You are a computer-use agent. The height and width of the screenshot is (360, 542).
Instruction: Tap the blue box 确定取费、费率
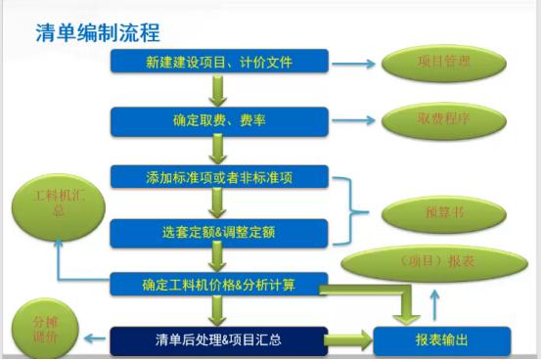click(x=218, y=120)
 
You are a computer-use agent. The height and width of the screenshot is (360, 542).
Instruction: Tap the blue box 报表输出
click(x=442, y=340)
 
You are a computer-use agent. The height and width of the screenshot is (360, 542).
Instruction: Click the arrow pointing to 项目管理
click(x=351, y=65)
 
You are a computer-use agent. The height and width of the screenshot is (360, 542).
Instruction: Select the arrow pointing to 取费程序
click(x=351, y=121)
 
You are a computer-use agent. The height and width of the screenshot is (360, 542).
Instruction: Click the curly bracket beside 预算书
click(x=352, y=206)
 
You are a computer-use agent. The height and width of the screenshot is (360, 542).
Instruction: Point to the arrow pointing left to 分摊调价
click(x=95, y=338)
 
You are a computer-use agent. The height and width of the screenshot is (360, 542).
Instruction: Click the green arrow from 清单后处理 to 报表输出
click(x=346, y=340)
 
